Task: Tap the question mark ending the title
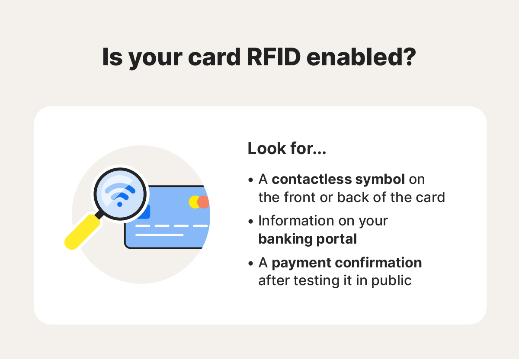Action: pos(409,57)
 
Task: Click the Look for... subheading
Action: pos(287,149)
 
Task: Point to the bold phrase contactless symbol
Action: pos(338,179)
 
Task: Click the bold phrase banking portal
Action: pos(308,239)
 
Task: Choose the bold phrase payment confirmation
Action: pos(346,263)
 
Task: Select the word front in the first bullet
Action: pos(300,197)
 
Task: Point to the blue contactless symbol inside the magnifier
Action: pos(120,193)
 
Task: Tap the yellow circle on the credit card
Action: pos(195,202)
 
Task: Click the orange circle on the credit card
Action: pos(204,202)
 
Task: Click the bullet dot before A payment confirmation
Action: pos(251,263)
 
